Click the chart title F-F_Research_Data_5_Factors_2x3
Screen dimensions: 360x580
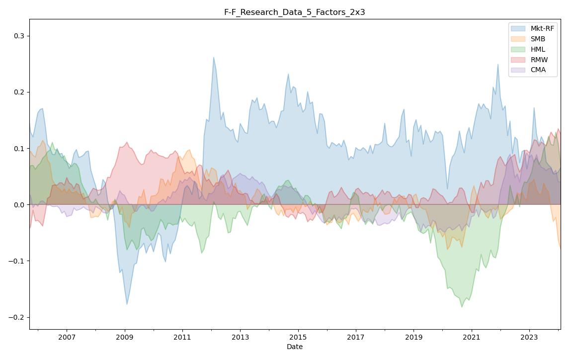[x=294, y=12]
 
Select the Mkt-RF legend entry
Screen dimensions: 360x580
[x=542, y=28]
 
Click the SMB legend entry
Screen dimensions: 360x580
[x=539, y=39]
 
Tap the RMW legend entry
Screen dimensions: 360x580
[x=539, y=60]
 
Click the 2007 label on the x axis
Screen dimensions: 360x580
[x=67, y=338]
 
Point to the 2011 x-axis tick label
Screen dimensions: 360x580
[x=182, y=338]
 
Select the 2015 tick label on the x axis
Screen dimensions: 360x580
[x=298, y=338]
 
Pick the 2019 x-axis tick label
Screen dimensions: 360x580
[x=414, y=338]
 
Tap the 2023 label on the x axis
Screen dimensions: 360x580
[x=529, y=338]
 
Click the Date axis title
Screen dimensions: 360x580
[x=294, y=347]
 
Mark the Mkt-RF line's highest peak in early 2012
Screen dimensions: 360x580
[x=214, y=57]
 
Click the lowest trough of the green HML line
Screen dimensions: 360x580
[x=462, y=307]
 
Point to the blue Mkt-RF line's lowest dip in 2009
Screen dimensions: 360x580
[x=127, y=304]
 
